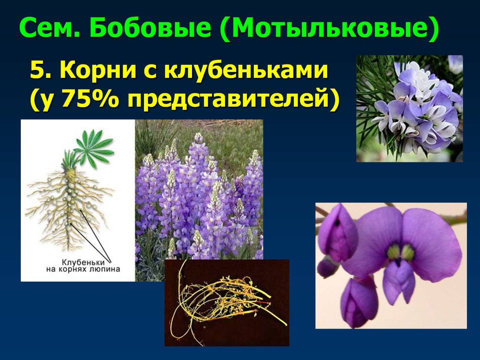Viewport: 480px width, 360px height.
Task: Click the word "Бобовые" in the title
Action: (x=151, y=28)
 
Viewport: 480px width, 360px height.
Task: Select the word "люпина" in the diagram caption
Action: (x=107, y=269)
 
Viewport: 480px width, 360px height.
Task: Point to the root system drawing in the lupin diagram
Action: (x=69, y=207)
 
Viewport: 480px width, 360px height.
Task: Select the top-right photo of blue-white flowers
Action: (x=409, y=108)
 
